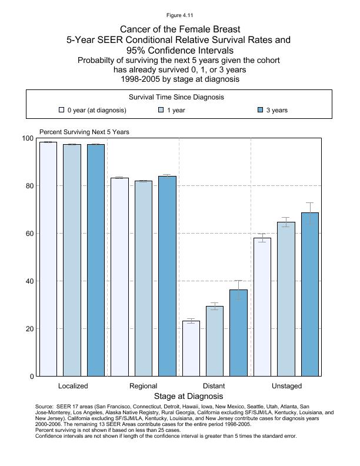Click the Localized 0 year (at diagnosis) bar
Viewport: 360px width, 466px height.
tap(48, 259)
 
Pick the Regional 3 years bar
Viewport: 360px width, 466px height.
tap(167, 276)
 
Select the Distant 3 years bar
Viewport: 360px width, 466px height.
tap(238, 332)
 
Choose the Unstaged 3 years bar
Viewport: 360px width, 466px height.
tap(310, 294)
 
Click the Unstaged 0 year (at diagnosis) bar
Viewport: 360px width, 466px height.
tap(262, 307)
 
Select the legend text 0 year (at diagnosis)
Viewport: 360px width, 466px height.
tap(96, 110)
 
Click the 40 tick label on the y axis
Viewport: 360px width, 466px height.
tap(29, 281)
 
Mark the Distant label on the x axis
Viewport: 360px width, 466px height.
tap(214, 386)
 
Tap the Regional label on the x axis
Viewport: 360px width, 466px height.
tap(143, 386)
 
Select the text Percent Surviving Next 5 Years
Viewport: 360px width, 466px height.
tap(84, 132)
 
